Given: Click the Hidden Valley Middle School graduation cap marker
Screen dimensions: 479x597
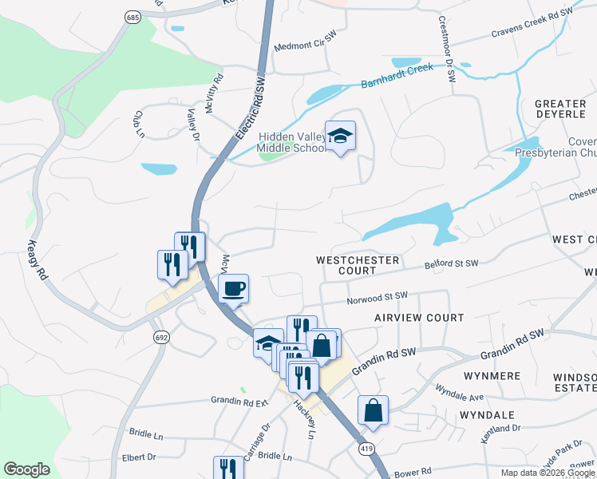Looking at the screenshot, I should [x=340, y=136].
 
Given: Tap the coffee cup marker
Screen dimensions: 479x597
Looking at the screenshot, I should [x=233, y=288].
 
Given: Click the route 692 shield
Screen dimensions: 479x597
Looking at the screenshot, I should [x=162, y=338].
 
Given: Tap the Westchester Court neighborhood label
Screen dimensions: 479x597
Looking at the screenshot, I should [x=346, y=265].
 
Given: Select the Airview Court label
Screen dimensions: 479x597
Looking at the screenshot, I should [x=419, y=318].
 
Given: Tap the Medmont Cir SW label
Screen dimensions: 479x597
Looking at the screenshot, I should [x=301, y=46].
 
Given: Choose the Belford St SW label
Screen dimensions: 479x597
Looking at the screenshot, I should [x=451, y=263].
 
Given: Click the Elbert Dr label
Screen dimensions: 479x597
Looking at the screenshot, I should [x=138, y=457].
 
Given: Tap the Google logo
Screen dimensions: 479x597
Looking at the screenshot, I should [x=26, y=469].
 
